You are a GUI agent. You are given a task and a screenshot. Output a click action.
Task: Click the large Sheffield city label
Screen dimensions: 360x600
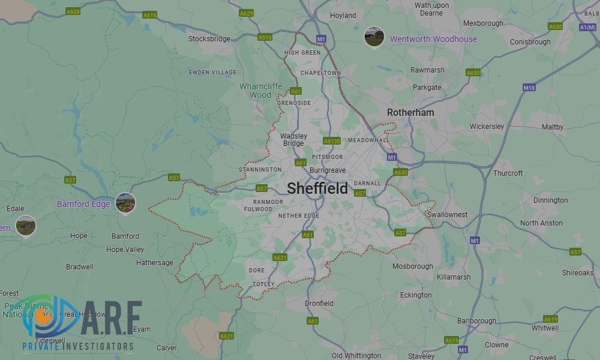coord(317,188)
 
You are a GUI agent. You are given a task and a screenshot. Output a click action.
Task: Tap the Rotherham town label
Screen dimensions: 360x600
coord(410,112)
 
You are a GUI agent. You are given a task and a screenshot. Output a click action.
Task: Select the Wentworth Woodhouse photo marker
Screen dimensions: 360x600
coord(374,37)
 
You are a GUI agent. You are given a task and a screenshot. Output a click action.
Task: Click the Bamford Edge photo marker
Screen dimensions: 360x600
coord(125,203)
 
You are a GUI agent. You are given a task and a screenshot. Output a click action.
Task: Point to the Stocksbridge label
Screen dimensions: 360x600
coord(209,39)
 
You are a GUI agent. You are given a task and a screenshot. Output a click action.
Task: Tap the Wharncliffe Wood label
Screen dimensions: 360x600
coord(260,91)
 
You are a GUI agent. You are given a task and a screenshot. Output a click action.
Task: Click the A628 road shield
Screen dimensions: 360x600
coord(73,11)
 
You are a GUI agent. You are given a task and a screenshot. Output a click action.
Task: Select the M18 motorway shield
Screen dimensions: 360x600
coord(529,88)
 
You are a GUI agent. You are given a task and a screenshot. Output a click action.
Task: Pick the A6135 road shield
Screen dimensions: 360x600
coord(332,141)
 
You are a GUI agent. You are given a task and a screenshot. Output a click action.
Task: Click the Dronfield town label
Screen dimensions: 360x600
coord(319,304)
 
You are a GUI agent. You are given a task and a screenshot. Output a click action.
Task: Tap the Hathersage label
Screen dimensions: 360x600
coord(155,263)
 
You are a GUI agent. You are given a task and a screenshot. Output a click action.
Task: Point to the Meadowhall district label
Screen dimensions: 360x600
coord(368,140)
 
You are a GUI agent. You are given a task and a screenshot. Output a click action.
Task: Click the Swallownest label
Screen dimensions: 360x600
coord(447,214)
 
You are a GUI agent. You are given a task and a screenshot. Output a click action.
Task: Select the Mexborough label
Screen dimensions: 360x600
coord(483,23)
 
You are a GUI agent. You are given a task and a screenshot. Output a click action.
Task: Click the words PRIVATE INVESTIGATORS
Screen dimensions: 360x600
coord(78,347)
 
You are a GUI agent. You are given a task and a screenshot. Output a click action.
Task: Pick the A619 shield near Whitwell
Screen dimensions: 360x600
coord(550,319)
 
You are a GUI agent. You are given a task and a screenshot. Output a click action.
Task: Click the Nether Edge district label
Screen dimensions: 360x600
coord(299,215)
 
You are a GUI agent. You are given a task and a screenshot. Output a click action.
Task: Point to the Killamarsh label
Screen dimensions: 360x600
coord(454,277)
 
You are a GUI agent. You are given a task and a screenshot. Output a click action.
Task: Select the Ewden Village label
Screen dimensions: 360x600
coord(212,72)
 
